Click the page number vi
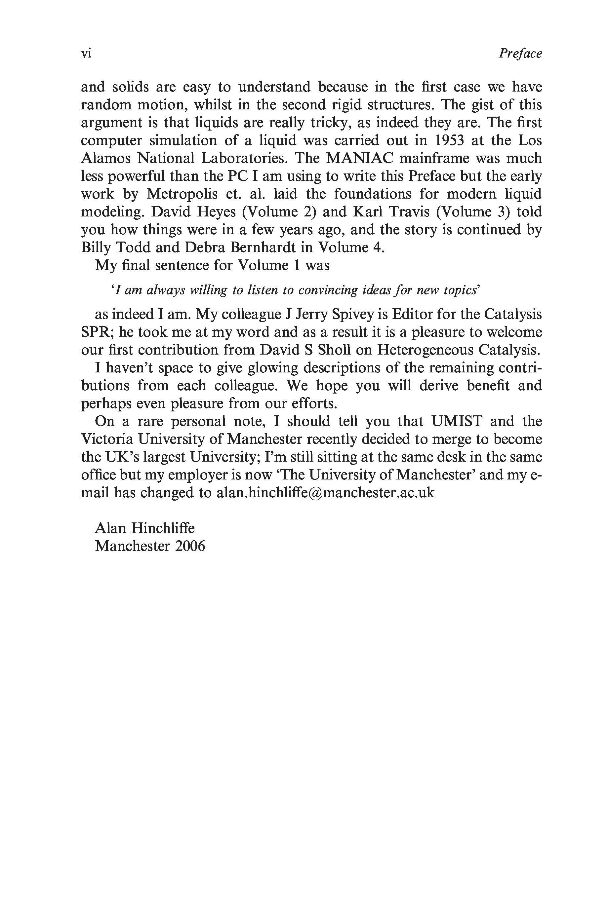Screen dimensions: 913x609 tap(86, 53)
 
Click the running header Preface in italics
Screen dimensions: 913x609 tap(520, 53)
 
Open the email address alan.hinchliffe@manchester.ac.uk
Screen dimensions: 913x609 tap(325, 493)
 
